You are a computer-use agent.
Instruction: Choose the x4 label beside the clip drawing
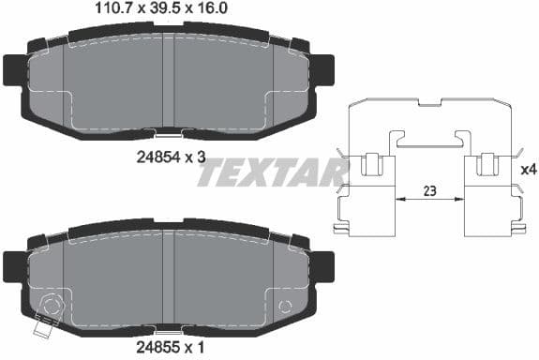(528, 172)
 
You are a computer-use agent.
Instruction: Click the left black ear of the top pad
(14, 68)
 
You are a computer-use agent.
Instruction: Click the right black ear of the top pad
(323, 68)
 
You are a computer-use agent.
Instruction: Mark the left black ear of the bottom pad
(14, 265)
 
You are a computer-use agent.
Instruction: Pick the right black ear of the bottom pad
(323, 265)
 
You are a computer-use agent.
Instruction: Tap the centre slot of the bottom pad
(169, 277)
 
